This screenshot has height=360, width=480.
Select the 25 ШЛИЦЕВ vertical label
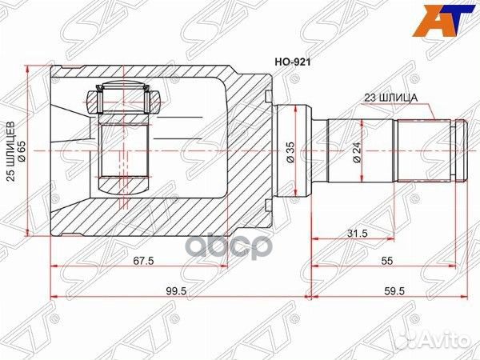(11, 149)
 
